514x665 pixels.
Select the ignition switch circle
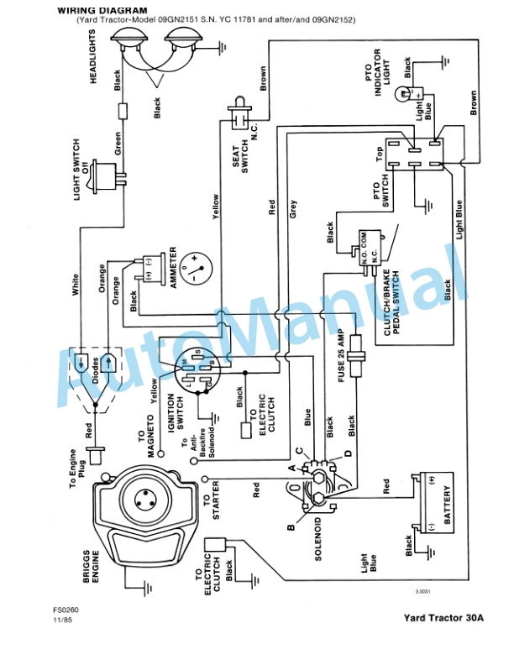[x=196, y=370]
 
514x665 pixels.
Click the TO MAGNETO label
[x=147, y=438]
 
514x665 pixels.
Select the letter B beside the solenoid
[x=290, y=527]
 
